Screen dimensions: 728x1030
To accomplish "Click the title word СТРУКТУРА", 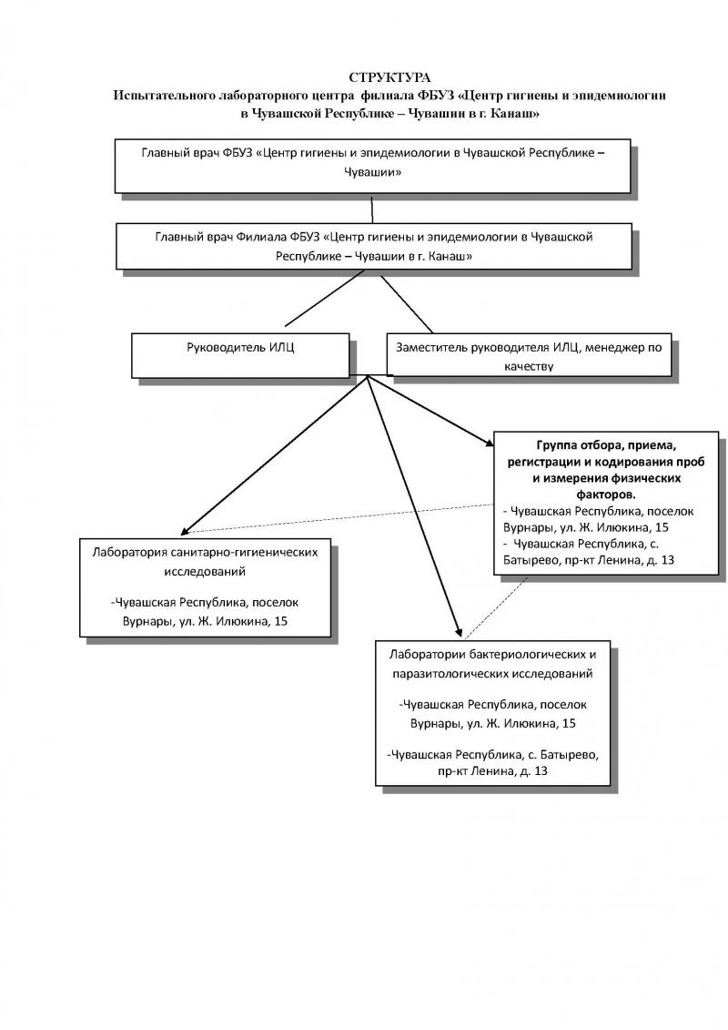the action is (389, 78).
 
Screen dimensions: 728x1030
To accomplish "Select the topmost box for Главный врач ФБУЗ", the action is (373, 166).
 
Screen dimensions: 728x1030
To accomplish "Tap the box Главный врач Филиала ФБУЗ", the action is (374, 246).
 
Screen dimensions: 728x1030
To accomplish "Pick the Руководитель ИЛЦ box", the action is (240, 355).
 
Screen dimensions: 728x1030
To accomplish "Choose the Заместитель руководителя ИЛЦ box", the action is (529, 355).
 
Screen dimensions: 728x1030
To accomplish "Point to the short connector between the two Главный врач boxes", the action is (372, 209).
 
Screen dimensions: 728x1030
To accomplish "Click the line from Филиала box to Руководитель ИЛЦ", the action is (324, 298).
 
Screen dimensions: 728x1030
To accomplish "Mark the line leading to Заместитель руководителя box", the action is (407, 304).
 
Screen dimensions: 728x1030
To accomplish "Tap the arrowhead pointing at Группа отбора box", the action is (489, 443).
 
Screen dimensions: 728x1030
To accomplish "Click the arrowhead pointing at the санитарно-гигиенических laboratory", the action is (185, 529).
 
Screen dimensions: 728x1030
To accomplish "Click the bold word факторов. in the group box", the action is (606, 494).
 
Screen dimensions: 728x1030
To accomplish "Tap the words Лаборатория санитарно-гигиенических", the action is (205, 552).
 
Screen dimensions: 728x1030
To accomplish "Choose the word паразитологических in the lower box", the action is (450, 673).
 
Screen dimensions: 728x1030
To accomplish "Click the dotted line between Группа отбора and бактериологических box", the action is (497, 607).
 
